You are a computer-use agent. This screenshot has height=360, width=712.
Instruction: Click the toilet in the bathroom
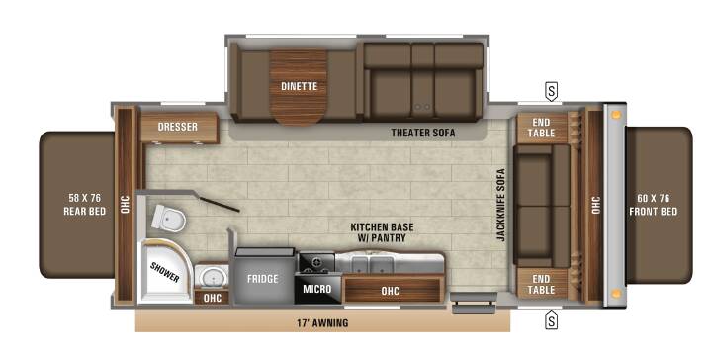click(168, 218)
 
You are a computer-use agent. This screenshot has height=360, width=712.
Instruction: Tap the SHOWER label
click(164, 272)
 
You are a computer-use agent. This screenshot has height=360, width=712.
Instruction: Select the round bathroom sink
click(212, 276)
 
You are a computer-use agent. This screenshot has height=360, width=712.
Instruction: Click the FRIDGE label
click(262, 279)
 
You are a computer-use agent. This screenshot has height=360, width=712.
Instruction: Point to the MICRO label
click(317, 289)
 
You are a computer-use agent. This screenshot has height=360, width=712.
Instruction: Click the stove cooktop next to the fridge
click(316, 262)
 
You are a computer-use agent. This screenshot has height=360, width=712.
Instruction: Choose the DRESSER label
click(178, 127)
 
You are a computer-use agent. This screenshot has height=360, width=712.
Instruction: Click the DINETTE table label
click(299, 86)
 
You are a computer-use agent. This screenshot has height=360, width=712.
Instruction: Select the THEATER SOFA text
click(423, 133)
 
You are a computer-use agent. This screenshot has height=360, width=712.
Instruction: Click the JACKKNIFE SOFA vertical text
click(500, 205)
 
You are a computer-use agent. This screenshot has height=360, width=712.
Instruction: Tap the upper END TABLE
click(541, 128)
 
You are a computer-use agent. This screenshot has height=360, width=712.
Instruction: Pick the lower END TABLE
click(541, 284)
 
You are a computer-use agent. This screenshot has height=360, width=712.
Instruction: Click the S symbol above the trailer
click(551, 92)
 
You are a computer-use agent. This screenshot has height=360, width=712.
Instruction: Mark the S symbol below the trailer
click(551, 320)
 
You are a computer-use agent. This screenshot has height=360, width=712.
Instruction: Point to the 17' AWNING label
click(322, 323)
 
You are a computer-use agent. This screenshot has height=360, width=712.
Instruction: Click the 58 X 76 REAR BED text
click(84, 205)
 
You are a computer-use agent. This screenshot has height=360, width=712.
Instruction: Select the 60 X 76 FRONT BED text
click(653, 205)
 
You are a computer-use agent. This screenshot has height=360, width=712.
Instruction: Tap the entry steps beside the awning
click(473, 303)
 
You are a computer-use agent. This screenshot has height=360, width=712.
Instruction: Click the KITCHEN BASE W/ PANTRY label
click(382, 232)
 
